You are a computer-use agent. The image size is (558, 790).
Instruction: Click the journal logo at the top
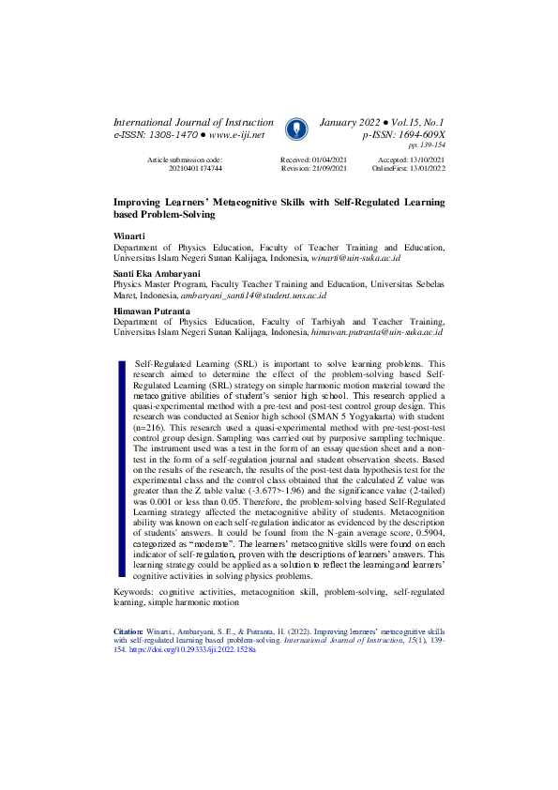click(x=295, y=129)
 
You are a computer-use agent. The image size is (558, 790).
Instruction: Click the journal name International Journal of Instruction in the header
click(x=193, y=123)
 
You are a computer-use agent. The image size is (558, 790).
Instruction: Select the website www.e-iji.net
click(x=231, y=136)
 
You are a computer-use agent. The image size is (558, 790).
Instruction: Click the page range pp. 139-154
click(x=427, y=146)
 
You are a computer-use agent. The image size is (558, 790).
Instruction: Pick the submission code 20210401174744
click(x=195, y=169)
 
